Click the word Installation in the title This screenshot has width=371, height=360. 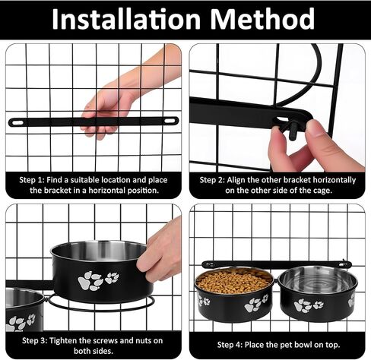(126, 19)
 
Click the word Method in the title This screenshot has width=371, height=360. (262, 19)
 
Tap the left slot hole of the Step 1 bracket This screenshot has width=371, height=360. (17, 123)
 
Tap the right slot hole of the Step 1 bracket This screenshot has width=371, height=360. (170, 121)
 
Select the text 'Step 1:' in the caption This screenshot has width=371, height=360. (32, 180)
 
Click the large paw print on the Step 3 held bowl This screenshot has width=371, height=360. (90, 280)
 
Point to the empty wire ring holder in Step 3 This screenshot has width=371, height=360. (101, 303)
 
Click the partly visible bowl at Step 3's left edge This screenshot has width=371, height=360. (24, 309)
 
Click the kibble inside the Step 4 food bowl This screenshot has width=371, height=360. (233, 280)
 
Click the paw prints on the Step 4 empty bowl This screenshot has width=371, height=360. (309, 305)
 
